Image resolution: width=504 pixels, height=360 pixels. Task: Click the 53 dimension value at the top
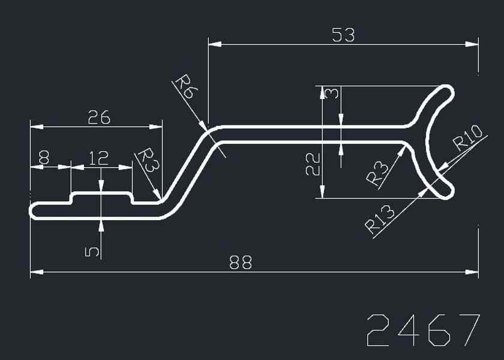(x=343, y=35)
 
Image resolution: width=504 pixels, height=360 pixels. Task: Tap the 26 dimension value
(x=99, y=118)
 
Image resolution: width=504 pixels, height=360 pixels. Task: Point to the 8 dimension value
(x=44, y=158)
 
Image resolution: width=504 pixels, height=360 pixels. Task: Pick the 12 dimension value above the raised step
(x=98, y=158)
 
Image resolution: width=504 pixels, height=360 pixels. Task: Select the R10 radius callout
(x=467, y=137)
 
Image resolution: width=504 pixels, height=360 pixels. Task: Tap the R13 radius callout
(x=380, y=220)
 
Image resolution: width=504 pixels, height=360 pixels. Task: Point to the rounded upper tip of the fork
(x=447, y=92)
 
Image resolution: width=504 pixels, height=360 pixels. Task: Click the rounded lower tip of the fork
(x=447, y=191)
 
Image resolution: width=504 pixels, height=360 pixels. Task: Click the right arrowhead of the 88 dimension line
(x=473, y=273)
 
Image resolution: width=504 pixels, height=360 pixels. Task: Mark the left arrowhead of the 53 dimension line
(x=214, y=44)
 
